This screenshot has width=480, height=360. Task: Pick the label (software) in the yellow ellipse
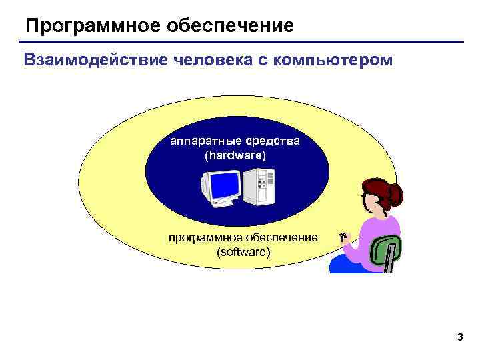244,252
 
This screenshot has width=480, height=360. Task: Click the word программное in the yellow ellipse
206,238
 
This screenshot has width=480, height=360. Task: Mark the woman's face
369,201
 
